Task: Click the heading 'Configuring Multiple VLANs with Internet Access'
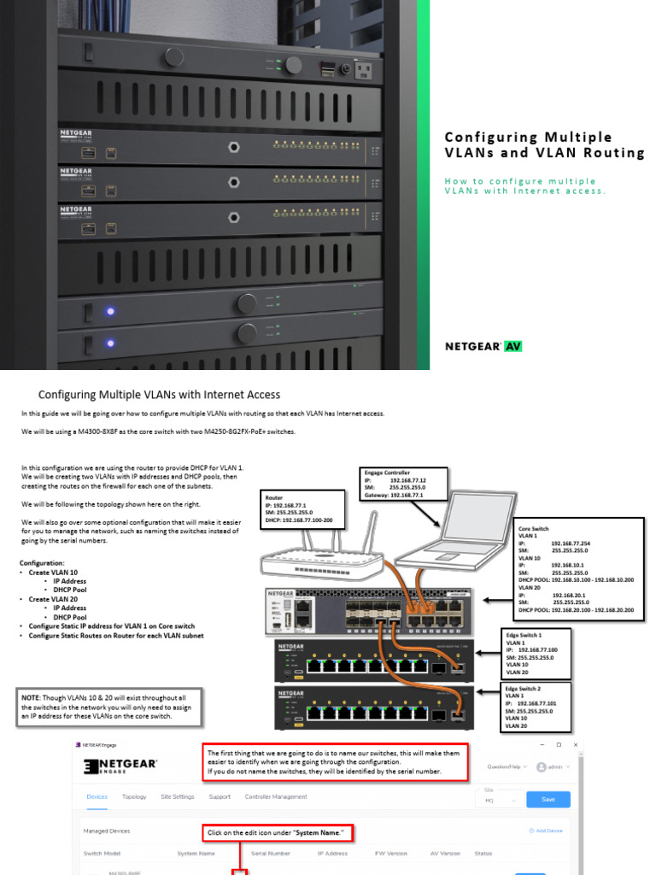pyautogui.click(x=159, y=394)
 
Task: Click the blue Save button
pyautogui.click(x=548, y=799)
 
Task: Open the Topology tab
pyautogui.click(x=134, y=796)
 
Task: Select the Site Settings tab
pyautogui.click(x=178, y=796)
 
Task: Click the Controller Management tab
pyautogui.click(x=276, y=796)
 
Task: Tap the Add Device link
pyautogui.click(x=547, y=830)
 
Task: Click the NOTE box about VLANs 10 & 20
pyautogui.click(x=109, y=706)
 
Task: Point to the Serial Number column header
pyautogui.click(x=270, y=853)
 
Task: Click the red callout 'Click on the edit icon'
pyautogui.click(x=278, y=832)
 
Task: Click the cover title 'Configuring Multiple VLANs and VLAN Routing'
pyautogui.click(x=544, y=144)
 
